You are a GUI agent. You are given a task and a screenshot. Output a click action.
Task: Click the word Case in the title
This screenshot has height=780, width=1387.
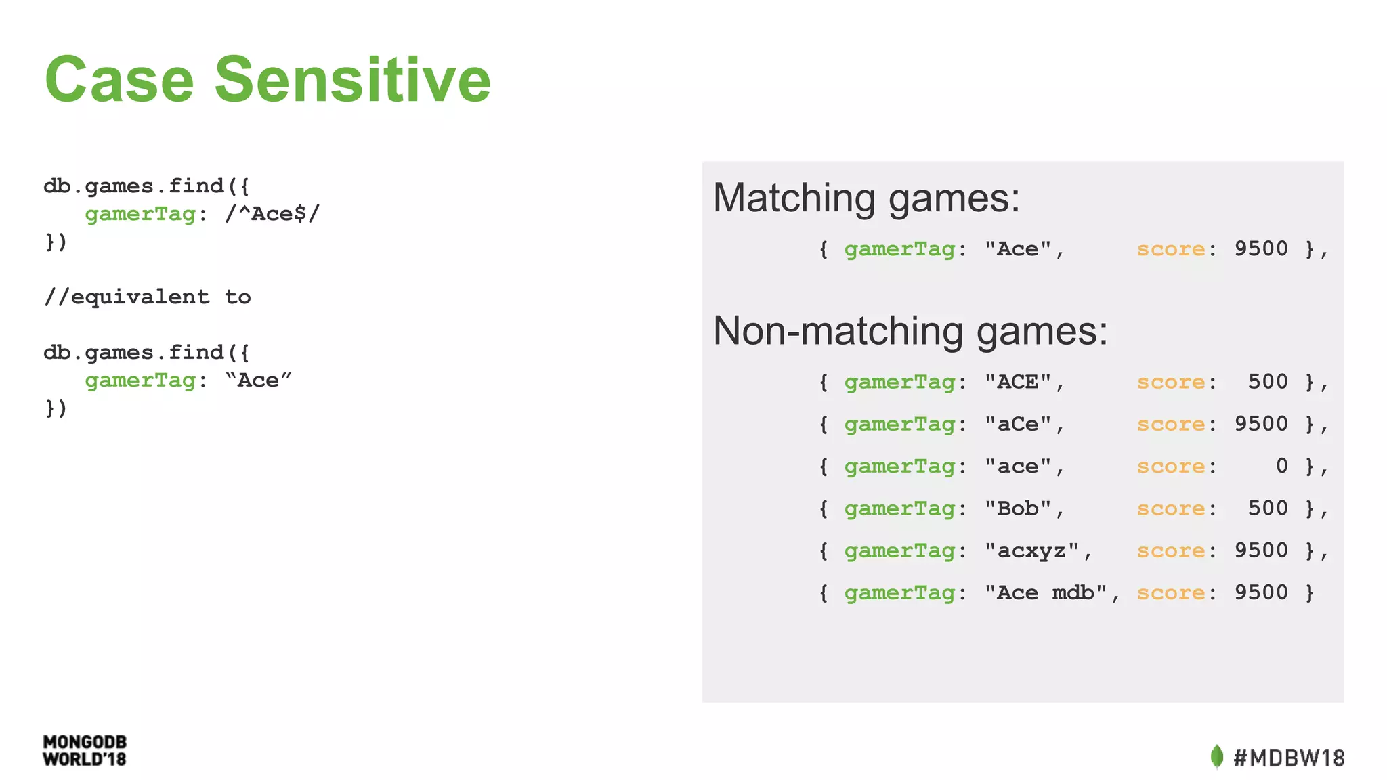point(120,80)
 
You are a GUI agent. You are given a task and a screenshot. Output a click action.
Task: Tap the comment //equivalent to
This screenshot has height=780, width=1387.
point(147,297)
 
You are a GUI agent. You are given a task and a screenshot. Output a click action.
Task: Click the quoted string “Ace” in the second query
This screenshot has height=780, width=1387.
point(258,380)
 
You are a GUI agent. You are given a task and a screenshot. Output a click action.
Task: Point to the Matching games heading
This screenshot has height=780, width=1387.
point(866,198)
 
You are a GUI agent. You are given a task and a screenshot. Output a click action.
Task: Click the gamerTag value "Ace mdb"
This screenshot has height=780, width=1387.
point(1046,592)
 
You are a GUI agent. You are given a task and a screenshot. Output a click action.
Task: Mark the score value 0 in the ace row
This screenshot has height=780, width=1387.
point(1281,466)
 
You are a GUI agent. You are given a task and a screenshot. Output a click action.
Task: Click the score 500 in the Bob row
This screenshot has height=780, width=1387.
point(1268,508)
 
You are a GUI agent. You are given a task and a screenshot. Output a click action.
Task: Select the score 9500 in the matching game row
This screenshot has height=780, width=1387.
point(1260,248)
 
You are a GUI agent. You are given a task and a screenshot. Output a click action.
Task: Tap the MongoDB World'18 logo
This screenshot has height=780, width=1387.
point(85,751)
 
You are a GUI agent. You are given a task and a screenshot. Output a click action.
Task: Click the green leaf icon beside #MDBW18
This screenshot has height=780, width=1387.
point(1216,756)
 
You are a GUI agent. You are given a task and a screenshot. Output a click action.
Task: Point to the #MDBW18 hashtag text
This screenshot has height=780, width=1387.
point(1289,757)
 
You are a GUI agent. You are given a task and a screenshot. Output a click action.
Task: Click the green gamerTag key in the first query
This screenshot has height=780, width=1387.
point(140,214)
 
